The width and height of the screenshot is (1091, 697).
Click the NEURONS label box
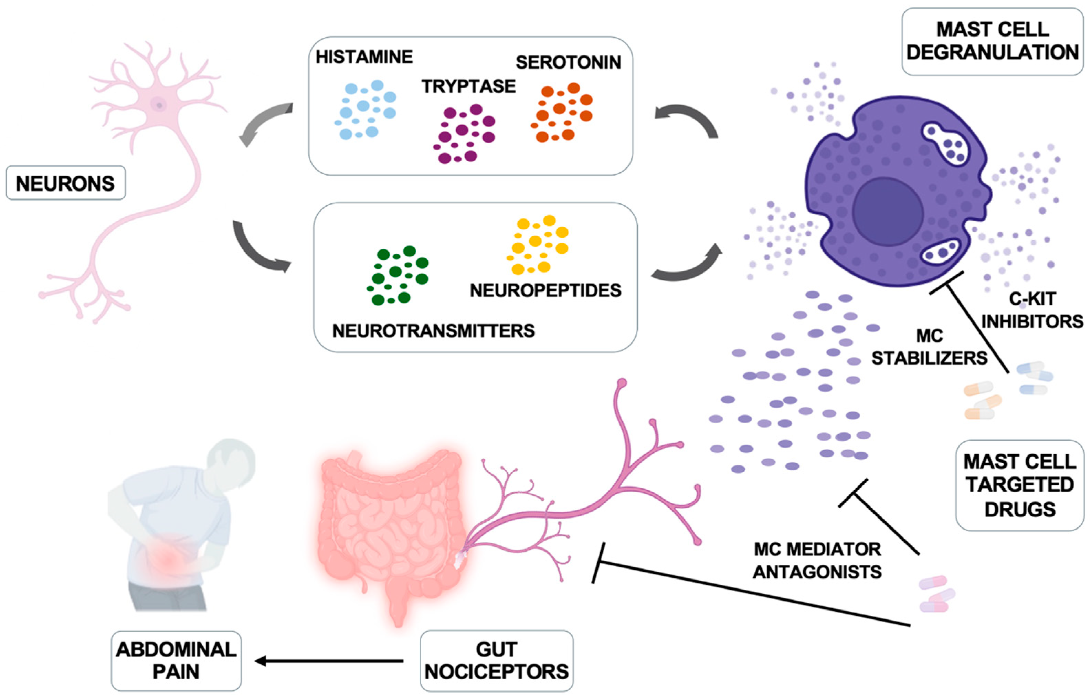[65, 183]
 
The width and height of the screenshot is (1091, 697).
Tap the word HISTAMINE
[364, 57]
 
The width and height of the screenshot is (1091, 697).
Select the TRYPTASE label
[468, 86]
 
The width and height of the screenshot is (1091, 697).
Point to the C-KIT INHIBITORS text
[1032, 310]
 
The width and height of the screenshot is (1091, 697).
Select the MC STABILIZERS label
[929, 347]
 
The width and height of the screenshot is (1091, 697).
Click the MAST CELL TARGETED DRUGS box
[1019, 485]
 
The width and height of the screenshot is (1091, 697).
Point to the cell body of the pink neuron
[159, 105]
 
